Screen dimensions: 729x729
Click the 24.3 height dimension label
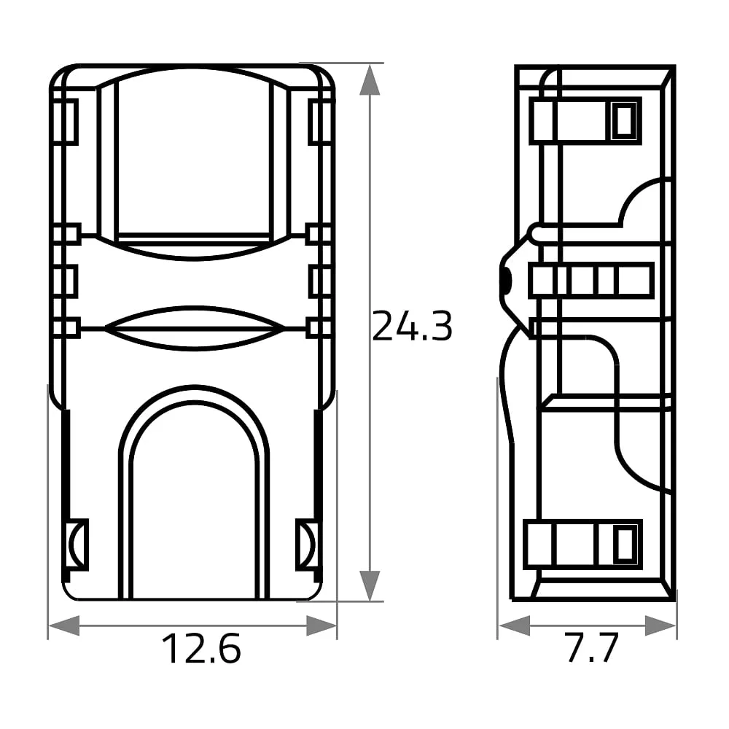coord(412,326)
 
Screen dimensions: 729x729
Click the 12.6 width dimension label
coord(201,648)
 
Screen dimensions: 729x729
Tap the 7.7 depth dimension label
coord(591,647)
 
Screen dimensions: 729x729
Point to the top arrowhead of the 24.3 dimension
coord(370,79)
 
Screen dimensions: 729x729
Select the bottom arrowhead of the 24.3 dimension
coord(370,586)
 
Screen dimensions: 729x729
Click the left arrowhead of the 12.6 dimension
coord(64,625)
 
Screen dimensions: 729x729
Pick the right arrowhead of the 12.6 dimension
coord(321,625)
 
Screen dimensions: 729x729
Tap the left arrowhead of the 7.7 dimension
coord(514,625)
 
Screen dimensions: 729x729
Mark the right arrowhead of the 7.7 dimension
coord(660,625)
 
